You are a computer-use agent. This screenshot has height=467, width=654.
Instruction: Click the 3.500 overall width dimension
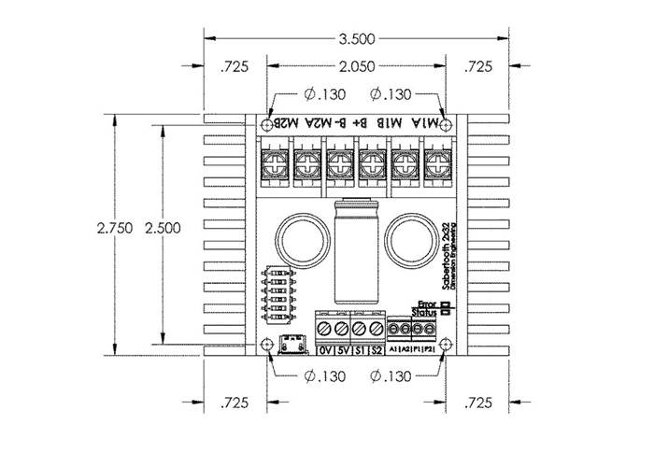click(357, 38)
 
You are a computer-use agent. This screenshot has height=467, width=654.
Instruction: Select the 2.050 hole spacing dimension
click(357, 66)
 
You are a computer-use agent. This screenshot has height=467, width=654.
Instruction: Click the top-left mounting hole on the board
click(267, 124)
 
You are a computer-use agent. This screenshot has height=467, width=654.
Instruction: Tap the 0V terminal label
click(325, 351)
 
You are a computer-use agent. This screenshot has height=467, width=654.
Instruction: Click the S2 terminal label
click(375, 351)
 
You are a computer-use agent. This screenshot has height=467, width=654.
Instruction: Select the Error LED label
click(427, 304)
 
